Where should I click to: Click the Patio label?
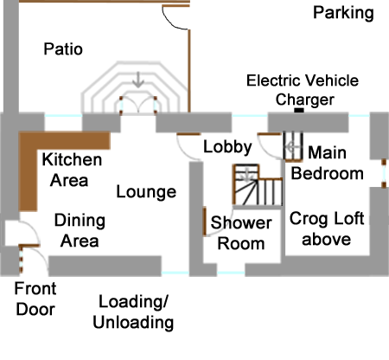point(63,49)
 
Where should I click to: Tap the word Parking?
point(343,13)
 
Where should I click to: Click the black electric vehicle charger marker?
point(299,110)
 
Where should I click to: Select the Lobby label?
point(227,147)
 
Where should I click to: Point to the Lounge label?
point(146,192)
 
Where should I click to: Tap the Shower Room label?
point(241,233)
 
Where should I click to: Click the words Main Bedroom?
point(327,163)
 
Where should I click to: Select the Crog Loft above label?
point(327,228)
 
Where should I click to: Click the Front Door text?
point(35,299)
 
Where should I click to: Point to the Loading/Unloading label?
point(133,312)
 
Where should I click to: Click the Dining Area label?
point(80,230)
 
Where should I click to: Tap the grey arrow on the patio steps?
point(138,80)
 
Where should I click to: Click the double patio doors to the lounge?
point(138,106)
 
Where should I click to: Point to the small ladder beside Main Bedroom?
point(293,146)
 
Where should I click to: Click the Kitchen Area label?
point(72,170)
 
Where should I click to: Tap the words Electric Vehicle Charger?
point(303,90)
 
